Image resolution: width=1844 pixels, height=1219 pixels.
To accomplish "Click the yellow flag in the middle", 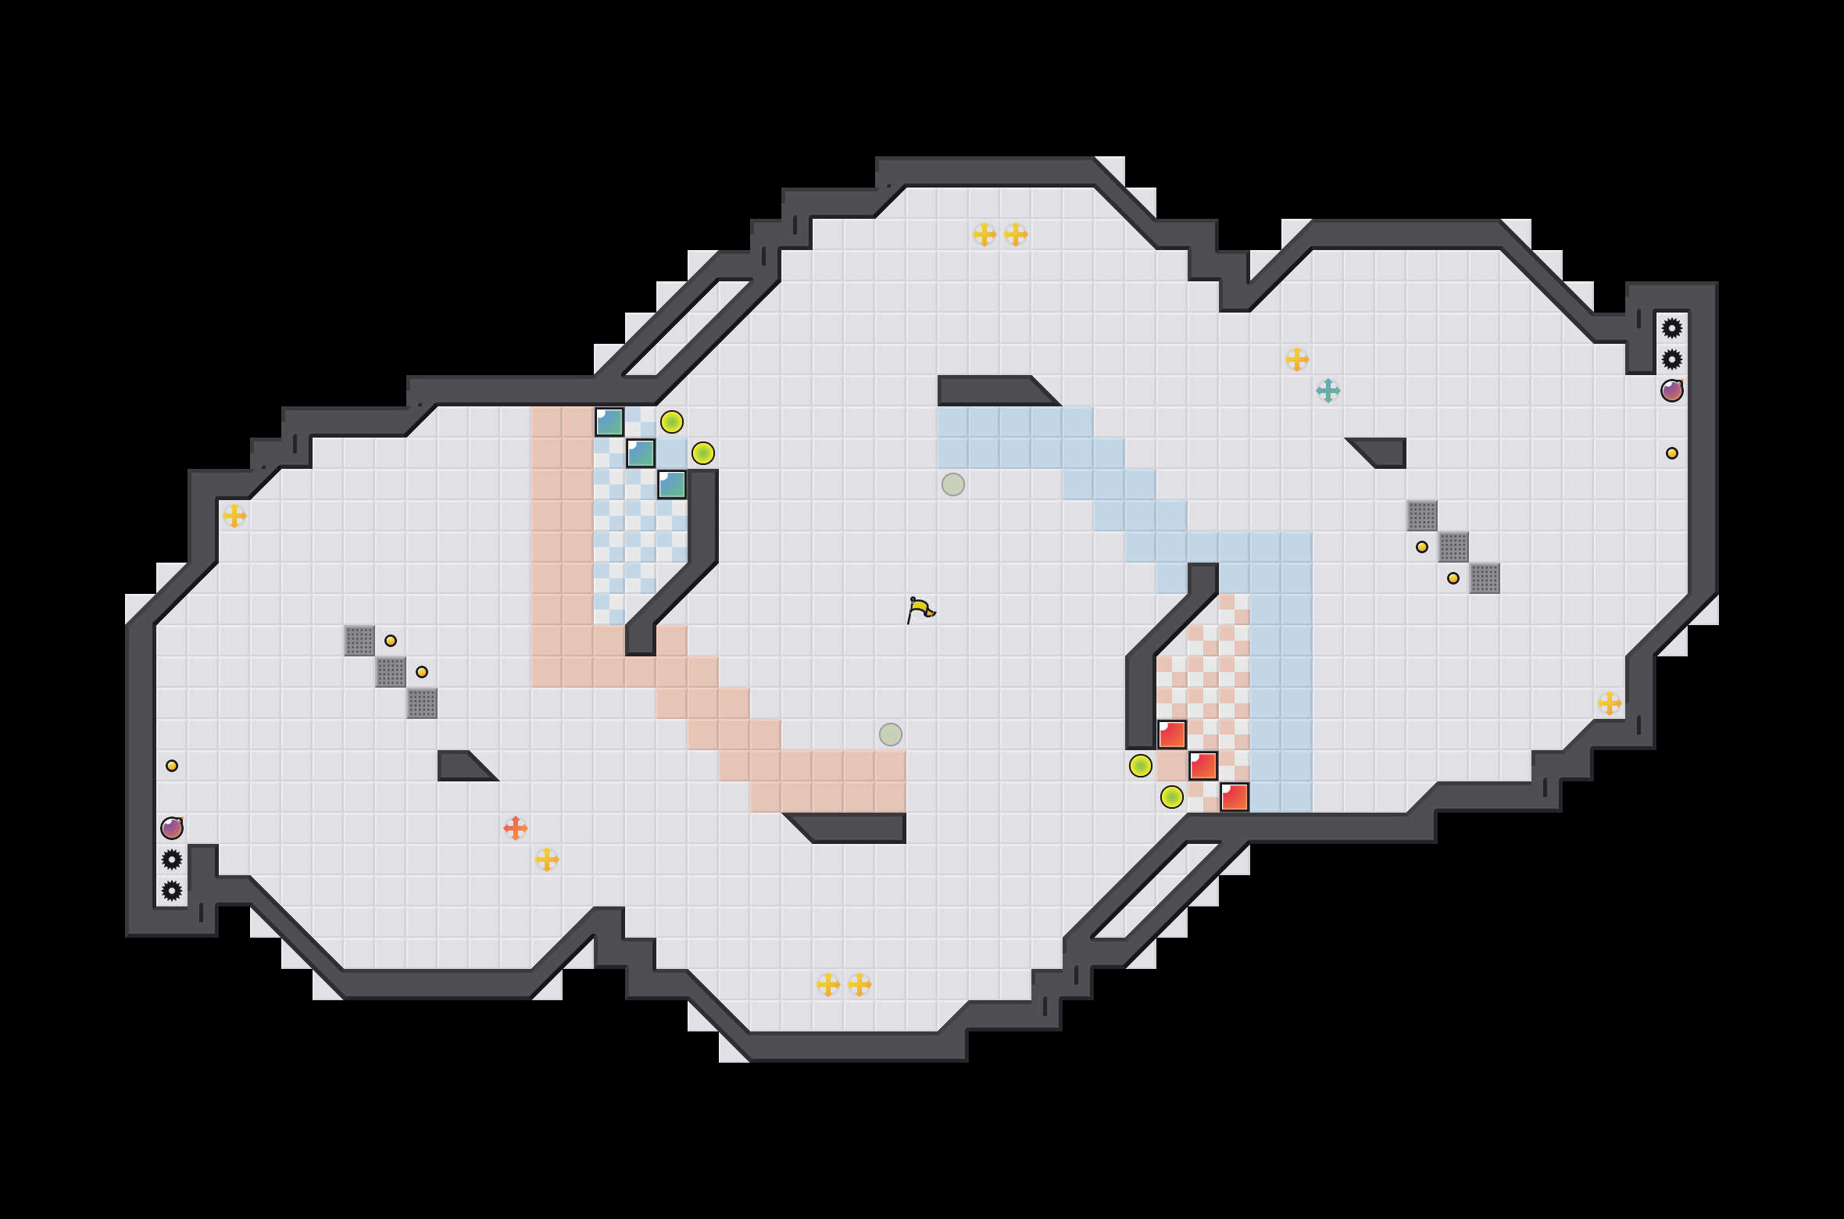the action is [x=920, y=609].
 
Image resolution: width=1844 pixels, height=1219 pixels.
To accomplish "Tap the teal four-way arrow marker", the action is [x=1328, y=390].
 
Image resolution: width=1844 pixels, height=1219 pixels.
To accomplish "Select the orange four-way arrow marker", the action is [x=516, y=828].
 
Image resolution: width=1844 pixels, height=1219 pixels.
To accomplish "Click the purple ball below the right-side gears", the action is [x=1671, y=390].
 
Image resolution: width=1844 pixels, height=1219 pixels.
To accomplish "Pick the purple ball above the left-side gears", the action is [x=172, y=828].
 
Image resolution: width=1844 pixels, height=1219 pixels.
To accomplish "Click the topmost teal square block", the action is [x=609, y=422].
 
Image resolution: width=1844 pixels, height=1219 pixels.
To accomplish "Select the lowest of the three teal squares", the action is [x=672, y=484].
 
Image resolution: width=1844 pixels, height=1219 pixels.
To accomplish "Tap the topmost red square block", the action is [x=1172, y=735].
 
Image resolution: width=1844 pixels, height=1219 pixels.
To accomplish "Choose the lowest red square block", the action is [x=1235, y=797].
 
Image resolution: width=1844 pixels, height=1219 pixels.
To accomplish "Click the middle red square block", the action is [x=1203, y=766].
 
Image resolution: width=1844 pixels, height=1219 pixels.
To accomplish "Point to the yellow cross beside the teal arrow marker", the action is [x=1297, y=359].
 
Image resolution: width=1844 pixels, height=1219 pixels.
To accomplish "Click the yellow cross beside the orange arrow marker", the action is [x=547, y=860].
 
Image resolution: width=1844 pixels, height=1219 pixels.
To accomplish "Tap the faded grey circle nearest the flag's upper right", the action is [x=953, y=484].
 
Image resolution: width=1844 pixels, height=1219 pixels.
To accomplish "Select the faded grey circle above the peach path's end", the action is [x=891, y=735].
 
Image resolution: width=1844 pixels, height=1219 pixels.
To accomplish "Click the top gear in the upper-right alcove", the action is [x=1671, y=328].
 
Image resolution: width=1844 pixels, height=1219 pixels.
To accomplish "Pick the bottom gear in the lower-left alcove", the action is [x=172, y=891].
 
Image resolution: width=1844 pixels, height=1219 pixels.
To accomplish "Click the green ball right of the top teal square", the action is [x=672, y=422].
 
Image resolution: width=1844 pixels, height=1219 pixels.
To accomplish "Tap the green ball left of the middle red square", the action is [x=1141, y=766].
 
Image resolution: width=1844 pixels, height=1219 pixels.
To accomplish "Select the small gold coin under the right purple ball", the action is [x=1671, y=453].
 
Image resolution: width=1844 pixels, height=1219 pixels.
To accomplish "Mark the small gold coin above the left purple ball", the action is [x=172, y=766].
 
